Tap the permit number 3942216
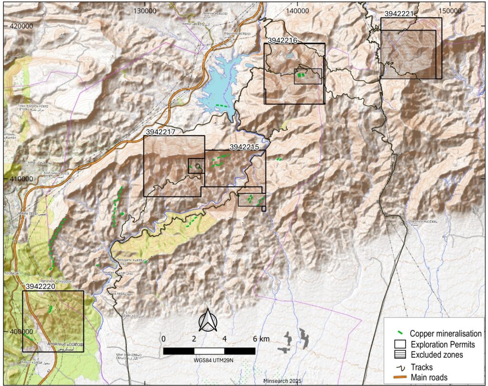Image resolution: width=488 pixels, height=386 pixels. point(283,40)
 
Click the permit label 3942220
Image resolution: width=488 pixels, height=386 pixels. point(41,287)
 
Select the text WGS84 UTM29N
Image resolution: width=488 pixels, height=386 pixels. point(208,359)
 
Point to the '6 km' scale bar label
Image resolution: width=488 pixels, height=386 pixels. point(261,338)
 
